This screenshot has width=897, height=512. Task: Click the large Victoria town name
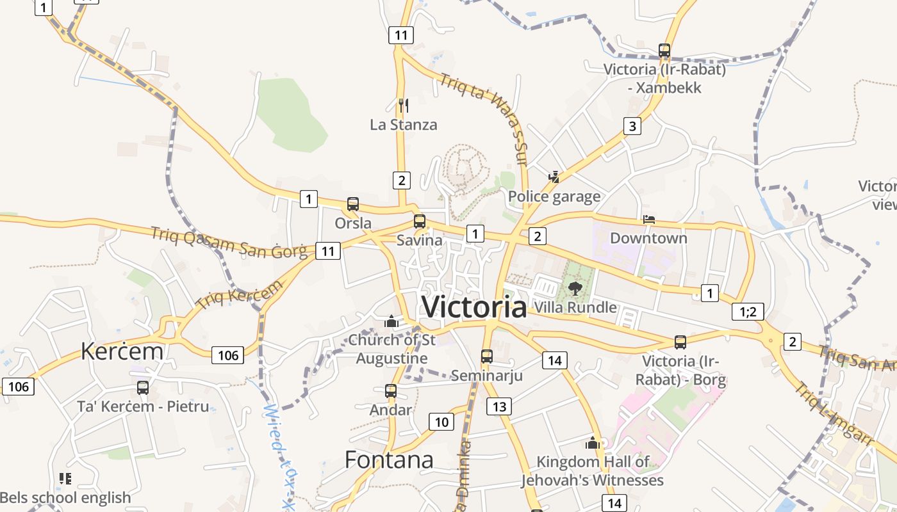pos(474,307)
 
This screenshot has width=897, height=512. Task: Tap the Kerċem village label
pos(122,351)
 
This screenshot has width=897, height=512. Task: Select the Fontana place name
pos(389,460)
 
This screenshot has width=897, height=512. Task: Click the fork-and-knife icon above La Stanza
pos(403,105)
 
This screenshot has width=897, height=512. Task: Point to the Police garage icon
pos(554,177)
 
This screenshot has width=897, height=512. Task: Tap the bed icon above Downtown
pos(648,220)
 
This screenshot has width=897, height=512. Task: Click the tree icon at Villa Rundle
pos(575,288)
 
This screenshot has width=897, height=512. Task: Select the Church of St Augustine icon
pos(391,321)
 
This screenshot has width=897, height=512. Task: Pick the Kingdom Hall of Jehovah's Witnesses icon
pos(593,442)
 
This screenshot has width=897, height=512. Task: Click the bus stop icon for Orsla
pos(353,204)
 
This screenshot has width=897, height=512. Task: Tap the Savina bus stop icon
pos(420,221)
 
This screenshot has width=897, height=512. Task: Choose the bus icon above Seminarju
pos(487,356)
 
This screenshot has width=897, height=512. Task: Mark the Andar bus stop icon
pos(391,390)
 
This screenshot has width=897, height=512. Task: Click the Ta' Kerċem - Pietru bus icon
pos(143,387)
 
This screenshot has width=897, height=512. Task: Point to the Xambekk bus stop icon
pos(664,50)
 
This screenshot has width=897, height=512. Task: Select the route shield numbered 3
pos(632,126)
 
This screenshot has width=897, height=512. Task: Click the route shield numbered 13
pos(499,406)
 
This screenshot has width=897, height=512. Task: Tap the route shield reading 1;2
pos(748,312)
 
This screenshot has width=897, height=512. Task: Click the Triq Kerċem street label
pos(238,295)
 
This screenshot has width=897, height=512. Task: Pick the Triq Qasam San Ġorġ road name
pos(229,243)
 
